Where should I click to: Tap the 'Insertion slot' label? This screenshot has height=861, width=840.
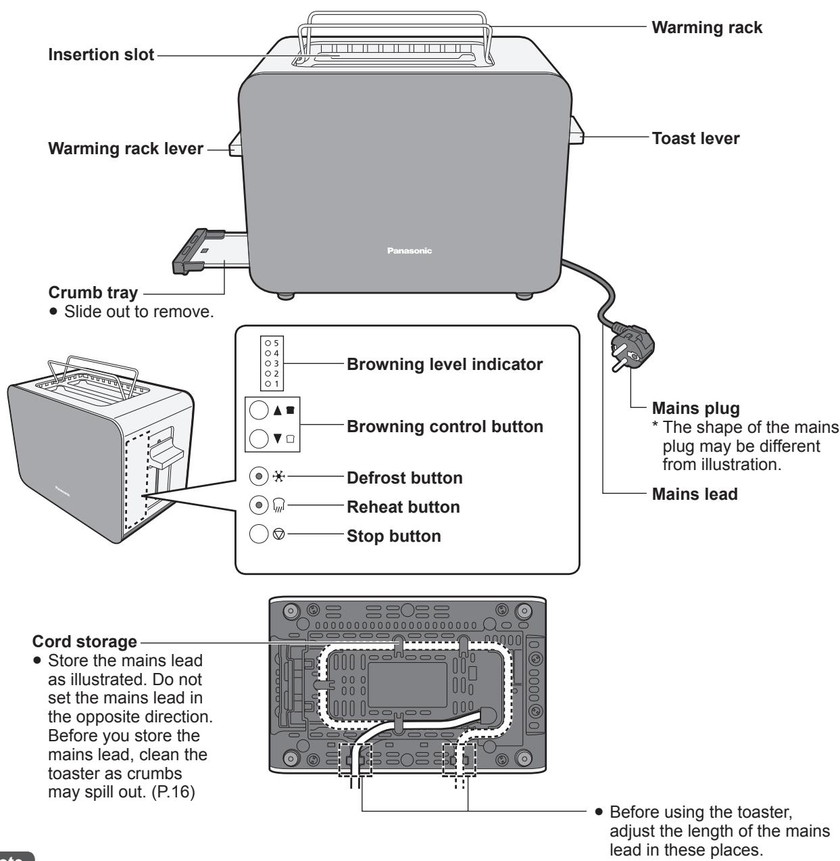point(101,55)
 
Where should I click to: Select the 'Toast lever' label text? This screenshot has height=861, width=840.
point(695,139)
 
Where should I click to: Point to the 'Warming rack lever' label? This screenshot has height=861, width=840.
point(126,148)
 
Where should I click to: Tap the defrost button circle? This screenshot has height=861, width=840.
point(257,478)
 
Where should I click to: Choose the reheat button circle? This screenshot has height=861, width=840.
point(257,507)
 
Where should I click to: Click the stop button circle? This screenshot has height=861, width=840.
point(257,536)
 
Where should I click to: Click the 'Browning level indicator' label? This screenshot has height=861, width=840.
point(444,365)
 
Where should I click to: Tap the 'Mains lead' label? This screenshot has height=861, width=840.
point(695,494)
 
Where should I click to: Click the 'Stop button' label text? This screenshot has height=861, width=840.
point(393,536)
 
